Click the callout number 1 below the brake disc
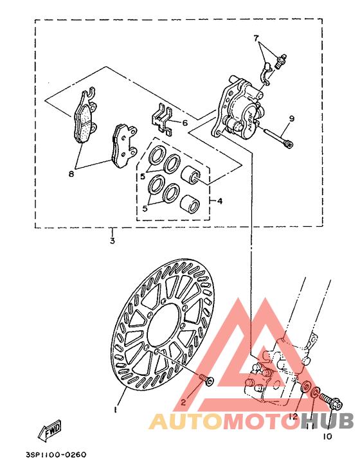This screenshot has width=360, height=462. [x=116, y=409]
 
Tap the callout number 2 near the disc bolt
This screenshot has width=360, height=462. [x=183, y=402]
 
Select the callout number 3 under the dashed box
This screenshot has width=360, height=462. [x=112, y=241]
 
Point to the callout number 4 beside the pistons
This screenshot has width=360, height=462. [x=219, y=201]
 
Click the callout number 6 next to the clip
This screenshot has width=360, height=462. [x=184, y=123]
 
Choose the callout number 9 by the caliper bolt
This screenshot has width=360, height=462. [x=291, y=118]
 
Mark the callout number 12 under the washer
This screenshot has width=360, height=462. [x=293, y=416]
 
